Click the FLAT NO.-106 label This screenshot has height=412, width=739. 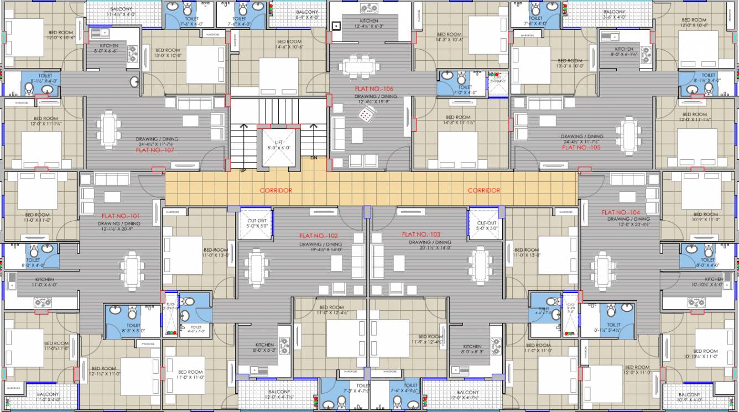click(x=374, y=88)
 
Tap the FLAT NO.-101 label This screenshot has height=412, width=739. click(x=121, y=216)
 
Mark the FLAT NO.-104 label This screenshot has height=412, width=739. click(x=621, y=212)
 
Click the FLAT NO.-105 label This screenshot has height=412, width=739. click(x=581, y=148)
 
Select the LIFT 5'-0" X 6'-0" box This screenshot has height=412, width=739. click(x=279, y=145)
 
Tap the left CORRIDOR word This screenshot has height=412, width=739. click(x=276, y=190)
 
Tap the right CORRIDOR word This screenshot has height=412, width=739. click(x=484, y=190)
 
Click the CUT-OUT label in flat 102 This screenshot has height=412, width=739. click(x=257, y=224)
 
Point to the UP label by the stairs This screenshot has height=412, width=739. click(x=243, y=170)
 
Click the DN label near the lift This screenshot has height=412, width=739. click(x=314, y=158)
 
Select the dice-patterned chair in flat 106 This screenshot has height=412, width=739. click(x=366, y=114)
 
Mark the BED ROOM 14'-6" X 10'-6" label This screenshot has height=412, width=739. click(x=289, y=44)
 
